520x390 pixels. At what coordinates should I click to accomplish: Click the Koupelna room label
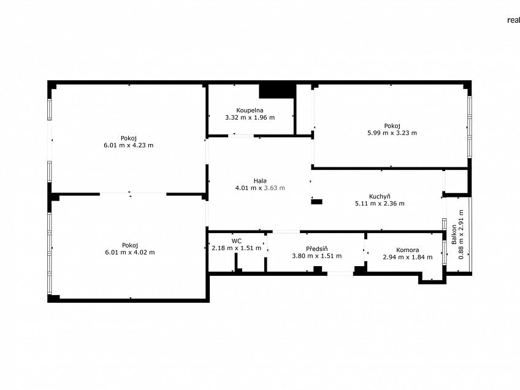[250, 110]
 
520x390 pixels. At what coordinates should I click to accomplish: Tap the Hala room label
[260, 181]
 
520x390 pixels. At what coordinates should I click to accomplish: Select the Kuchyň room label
[380, 196]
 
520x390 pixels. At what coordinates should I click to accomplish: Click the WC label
[237, 241]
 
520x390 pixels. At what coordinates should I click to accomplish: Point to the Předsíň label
[316, 249]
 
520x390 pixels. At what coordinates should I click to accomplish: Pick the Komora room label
[408, 250]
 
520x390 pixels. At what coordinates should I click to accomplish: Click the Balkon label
[454, 234]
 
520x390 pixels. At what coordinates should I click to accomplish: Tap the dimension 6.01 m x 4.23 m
[129, 145]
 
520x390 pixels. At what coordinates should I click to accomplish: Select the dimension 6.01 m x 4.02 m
[130, 253]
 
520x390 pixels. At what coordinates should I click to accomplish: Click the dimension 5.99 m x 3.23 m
[392, 133]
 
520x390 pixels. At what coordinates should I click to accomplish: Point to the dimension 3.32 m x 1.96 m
[250, 117]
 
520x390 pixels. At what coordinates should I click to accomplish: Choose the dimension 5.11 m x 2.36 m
[380, 204]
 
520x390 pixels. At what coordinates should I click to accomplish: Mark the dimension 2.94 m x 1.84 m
[408, 257]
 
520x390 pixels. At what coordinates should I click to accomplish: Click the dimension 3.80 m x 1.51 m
[316, 256]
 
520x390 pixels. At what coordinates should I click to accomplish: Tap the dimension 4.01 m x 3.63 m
[260, 188]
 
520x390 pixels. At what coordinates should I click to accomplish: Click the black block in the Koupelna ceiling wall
[277, 91]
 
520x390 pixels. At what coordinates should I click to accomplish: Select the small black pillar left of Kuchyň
[316, 202]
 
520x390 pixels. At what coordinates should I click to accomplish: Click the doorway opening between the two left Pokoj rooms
[133, 193]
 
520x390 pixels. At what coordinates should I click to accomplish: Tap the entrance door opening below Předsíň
[340, 273]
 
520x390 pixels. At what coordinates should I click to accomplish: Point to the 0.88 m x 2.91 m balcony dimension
[461, 234]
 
